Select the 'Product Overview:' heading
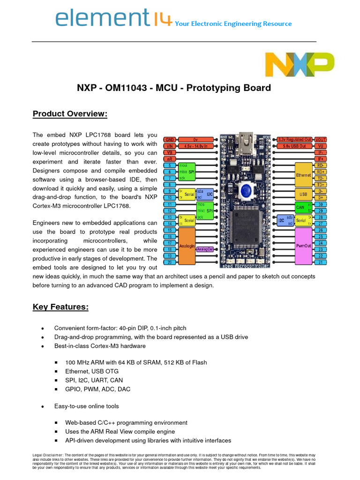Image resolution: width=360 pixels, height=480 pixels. coord(70,114)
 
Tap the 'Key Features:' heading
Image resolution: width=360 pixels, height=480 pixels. coord(60,307)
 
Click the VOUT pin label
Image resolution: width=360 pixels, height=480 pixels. coord(321,140)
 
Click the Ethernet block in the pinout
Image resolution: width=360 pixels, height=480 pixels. coord(303,175)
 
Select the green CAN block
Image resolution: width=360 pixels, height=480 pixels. coord(300,207)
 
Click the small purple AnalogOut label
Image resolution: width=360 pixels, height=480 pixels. coord(205,249)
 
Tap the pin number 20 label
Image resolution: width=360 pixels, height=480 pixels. coord(168,262)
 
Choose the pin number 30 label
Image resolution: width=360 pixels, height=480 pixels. coord(321,204)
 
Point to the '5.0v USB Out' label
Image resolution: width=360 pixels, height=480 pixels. coord(295,146)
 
